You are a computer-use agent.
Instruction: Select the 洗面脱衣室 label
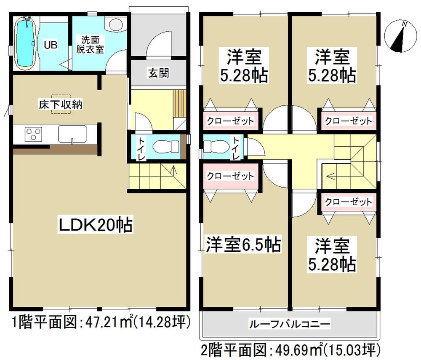point(90,44)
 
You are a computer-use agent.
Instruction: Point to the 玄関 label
point(158,73)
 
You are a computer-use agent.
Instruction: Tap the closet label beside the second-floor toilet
point(230,175)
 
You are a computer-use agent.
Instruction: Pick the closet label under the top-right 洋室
point(348,121)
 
